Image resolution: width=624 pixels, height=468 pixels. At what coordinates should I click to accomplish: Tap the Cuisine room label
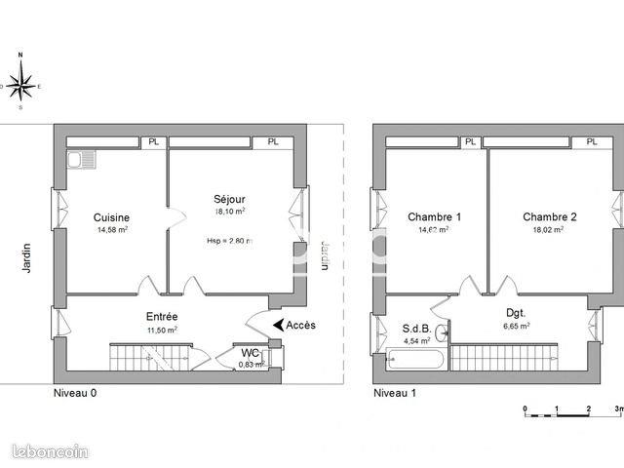[112, 217]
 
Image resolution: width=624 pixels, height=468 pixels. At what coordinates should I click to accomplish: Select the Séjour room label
[229, 197]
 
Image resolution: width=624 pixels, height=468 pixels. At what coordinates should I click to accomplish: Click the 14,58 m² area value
[112, 230]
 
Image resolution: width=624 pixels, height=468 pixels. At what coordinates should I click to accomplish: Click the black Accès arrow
[280, 325]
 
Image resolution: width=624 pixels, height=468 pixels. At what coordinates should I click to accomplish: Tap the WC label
[251, 352]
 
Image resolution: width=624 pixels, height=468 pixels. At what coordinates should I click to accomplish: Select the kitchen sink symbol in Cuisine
[79, 159]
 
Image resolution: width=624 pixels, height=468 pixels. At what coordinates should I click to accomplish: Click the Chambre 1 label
[434, 216]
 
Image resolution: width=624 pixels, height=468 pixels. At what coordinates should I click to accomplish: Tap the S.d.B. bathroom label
[416, 329]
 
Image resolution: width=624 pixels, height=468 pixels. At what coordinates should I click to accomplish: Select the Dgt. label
[516, 313]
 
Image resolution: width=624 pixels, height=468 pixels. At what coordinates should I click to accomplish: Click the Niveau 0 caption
[75, 393]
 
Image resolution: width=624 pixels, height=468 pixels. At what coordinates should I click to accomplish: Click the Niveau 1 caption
[394, 393]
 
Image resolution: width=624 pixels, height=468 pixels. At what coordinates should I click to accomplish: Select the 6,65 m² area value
[516, 327]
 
